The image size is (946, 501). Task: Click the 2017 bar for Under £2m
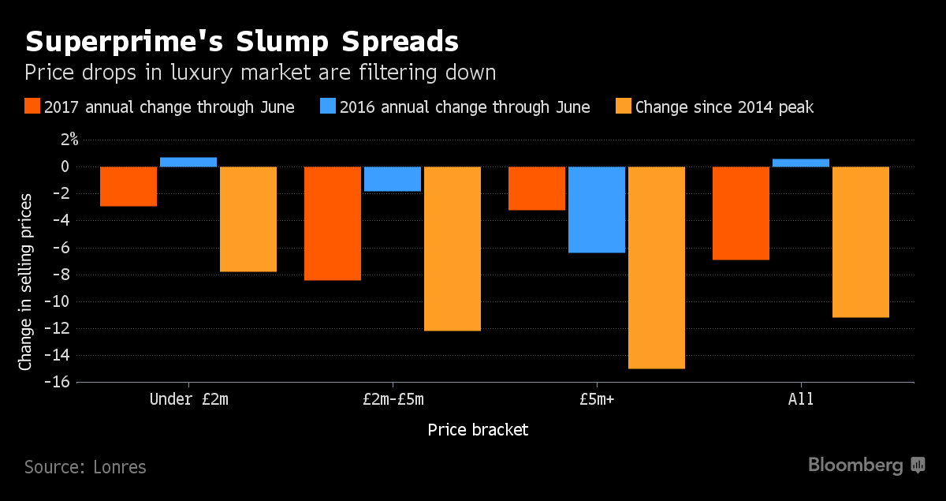[x=128, y=186]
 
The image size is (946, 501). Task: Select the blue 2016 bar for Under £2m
[x=188, y=162]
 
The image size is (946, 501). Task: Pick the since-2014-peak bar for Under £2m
[x=248, y=219]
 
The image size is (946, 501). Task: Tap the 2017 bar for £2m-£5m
[x=333, y=223]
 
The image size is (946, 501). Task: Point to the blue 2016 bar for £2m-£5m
[x=393, y=179]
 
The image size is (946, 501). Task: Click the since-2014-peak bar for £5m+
[x=657, y=267]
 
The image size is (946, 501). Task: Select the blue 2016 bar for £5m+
[x=597, y=210]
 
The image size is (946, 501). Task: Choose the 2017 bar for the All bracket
[x=741, y=213]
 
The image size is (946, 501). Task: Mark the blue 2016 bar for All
[x=801, y=163]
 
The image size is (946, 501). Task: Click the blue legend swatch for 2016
[x=328, y=107]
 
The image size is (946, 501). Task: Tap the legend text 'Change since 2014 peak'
[x=724, y=107]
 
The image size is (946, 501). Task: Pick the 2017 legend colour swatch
[x=32, y=107]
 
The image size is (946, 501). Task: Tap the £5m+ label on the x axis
[x=597, y=399]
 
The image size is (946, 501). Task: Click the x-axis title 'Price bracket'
[x=478, y=430]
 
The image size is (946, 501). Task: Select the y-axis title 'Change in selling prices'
[x=26, y=280]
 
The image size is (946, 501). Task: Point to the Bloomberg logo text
[x=855, y=465]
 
